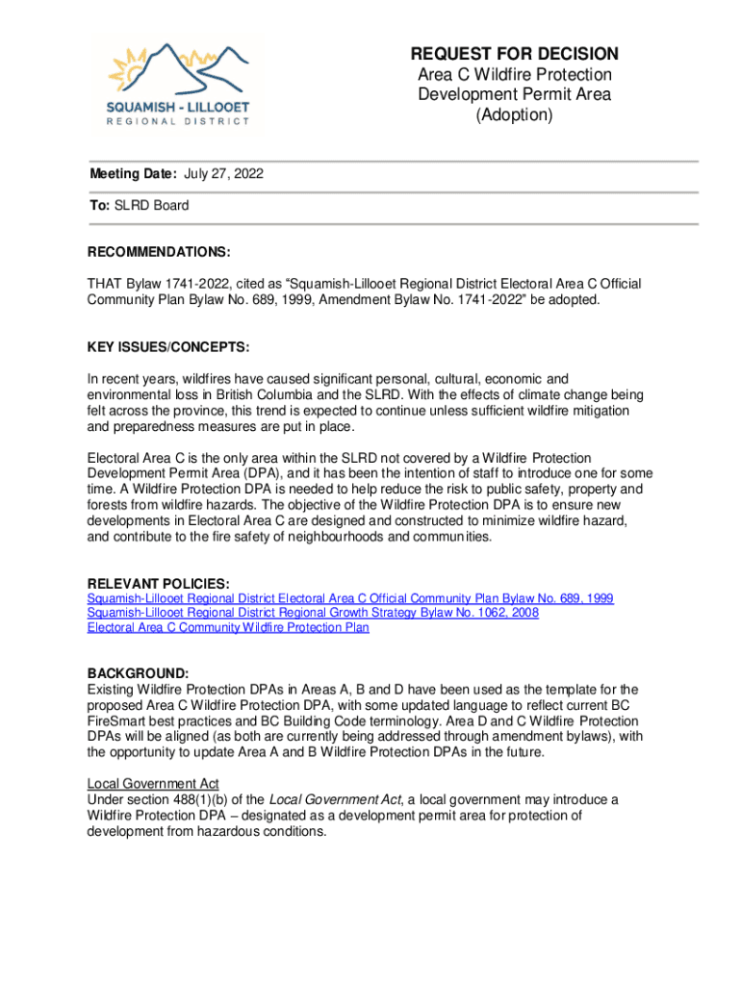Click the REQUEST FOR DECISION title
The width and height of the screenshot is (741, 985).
(x=514, y=54)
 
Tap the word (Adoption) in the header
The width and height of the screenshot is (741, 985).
(x=514, y=115)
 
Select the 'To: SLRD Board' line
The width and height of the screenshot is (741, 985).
(x=138, y=205)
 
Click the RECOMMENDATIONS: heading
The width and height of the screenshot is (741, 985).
(x=159, y=252)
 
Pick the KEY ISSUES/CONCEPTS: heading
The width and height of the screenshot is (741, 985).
(x=167, y=345)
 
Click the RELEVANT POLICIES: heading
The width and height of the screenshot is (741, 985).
(x=159, y=584)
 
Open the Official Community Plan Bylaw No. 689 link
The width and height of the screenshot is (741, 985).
(x=350, y=598)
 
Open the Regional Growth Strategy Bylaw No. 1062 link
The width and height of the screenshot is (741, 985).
(x=313, y=613)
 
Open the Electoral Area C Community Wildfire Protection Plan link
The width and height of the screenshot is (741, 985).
(x=228, y=627)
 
